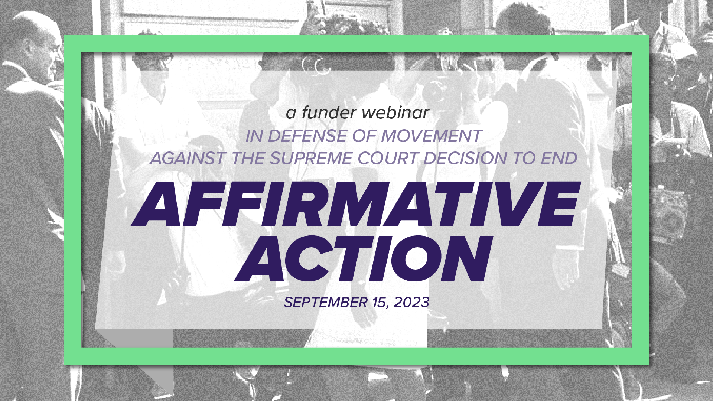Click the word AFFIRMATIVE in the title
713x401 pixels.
click(x=356, y=204)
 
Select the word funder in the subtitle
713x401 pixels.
click(x=329, y=113)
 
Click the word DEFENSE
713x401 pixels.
click(x=307, y=136)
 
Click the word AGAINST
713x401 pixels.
click(x=188, y=159)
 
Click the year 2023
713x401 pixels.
click(x=411, y=302)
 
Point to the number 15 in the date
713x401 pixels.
click(x=380, y=303)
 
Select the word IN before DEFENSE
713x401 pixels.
click(x=254, y=136)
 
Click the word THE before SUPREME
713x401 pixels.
click(x=248, y=159)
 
